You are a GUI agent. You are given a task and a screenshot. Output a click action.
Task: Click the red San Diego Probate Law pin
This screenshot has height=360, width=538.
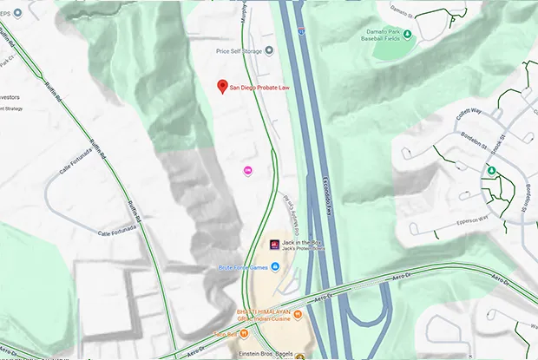tap(222, 86)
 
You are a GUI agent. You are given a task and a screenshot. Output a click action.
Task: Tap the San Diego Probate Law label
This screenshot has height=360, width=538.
tap(266, 88)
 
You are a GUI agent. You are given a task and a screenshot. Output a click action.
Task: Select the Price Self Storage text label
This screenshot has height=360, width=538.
tap(239, 51)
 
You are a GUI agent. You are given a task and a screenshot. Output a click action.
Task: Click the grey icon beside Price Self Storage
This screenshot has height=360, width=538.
tap(269, 50)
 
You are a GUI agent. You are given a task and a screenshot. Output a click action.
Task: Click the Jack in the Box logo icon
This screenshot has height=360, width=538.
tap(275, 244)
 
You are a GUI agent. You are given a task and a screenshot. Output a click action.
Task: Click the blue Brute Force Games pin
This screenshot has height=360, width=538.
tap(274, 266)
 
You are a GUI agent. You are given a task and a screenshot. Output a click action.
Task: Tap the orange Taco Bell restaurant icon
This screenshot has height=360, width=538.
tap(246, 333)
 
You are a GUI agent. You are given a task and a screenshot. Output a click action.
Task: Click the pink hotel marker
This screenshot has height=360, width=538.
tap(249, 169)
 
